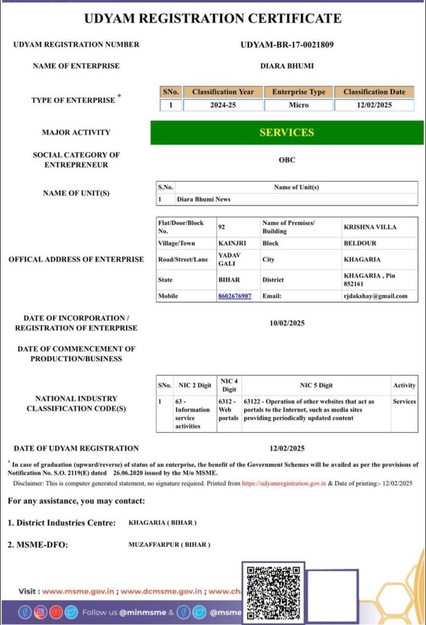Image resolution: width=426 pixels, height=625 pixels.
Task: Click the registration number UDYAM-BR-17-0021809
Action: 287,45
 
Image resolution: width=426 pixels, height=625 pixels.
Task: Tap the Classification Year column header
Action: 223,92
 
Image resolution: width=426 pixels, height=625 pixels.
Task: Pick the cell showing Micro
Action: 298,105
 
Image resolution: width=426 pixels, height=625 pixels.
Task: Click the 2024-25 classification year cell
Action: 223,105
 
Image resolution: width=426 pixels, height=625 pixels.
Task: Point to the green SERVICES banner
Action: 286,132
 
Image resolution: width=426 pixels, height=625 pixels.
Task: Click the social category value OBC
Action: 287,160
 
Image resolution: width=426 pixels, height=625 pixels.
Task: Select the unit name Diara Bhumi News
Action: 203,199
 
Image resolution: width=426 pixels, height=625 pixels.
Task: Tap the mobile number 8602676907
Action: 234,296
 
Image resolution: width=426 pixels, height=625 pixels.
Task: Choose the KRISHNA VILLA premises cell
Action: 370,227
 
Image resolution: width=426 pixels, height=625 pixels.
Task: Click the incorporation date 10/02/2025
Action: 287,323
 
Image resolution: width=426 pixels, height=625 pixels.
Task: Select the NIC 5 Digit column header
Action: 316,385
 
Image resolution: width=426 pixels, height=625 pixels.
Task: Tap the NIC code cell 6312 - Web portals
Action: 229,410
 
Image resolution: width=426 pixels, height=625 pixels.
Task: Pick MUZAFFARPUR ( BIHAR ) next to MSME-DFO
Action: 169,544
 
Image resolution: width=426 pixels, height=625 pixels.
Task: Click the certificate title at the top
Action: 213,18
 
